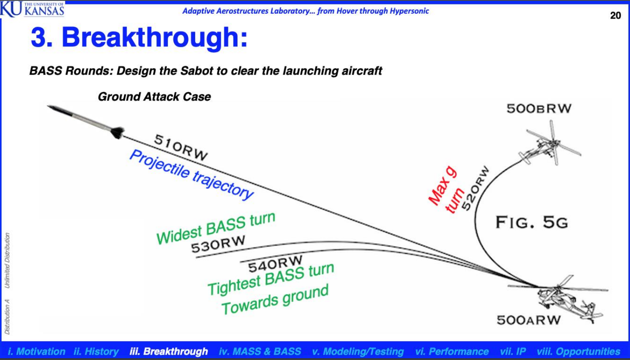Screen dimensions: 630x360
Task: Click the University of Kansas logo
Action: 32,9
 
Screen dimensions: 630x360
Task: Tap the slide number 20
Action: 615,15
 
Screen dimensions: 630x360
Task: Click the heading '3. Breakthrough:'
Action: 139,37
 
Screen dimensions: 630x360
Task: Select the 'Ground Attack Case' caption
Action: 154,97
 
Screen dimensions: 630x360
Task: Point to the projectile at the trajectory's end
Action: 86,122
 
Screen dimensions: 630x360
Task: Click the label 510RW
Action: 181,147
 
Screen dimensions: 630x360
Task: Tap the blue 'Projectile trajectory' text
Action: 191,175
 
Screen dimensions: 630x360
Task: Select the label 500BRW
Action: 539,109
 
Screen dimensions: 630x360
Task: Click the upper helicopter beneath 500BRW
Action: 550,143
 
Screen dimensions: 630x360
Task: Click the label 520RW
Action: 475,188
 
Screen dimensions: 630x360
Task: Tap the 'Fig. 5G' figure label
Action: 532,222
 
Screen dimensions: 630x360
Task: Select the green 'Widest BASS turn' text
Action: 216,228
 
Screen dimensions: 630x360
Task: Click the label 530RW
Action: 218,244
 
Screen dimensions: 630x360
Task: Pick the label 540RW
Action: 275,264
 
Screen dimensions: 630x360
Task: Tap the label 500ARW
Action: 529,320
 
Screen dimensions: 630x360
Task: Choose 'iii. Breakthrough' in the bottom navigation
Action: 169,351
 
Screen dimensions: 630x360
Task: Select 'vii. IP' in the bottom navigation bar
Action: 513,351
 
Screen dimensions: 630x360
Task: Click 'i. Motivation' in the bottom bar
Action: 37,351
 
